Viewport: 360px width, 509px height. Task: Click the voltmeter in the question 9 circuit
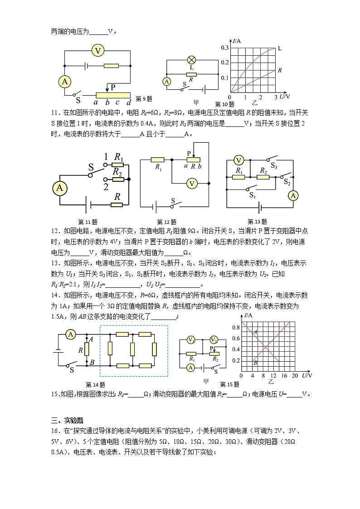(x=98, y=50)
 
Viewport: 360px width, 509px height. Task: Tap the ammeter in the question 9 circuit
(x=65, y=81)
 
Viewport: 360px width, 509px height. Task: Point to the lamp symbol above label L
(x=191, y=60)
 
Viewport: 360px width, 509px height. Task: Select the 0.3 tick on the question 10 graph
(x=224, y=48)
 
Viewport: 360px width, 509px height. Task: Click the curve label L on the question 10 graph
(x=279, y=48)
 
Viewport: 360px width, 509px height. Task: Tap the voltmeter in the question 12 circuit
(x=192, y=183)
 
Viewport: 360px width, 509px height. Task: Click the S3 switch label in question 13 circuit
(x=275, y=166)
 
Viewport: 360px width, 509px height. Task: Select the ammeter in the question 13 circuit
(x=293, y=195)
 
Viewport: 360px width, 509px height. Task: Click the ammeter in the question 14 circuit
(x=70, y=334)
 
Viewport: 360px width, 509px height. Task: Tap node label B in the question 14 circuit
(x=92, y=362)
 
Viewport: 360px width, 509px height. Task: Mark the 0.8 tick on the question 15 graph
(x=235, y=327)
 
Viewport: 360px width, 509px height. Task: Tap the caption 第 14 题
(x=95, y=384)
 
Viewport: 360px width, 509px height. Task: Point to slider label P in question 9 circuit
(x=113, y=87)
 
